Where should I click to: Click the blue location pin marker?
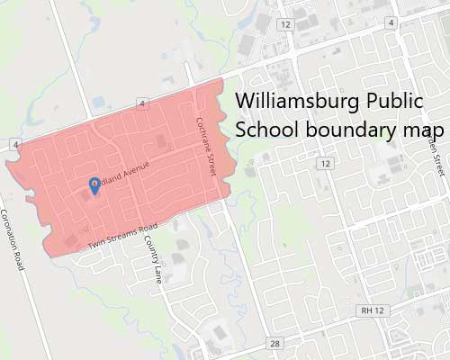click(x=95, y=185)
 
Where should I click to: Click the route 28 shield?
click(x=274, y=343)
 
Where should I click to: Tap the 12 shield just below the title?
click(x=325, y=163)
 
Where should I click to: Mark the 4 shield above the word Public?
click(x=392, y=21)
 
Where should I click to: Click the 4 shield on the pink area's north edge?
click(x=142, y=104)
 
